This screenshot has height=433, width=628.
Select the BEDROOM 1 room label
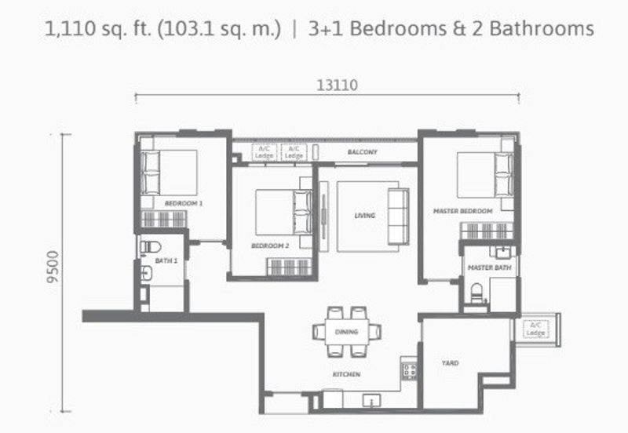coord(184,203)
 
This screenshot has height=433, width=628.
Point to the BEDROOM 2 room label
coord(270,246)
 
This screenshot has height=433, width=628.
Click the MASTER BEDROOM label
coord(463,212)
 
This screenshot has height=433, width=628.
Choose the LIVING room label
coord(364,216)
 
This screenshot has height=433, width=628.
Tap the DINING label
coord(346,332)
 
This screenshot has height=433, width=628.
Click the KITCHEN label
coord(346,375)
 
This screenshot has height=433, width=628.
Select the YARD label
coord(450,363)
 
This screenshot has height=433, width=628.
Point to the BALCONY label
coord(363,152)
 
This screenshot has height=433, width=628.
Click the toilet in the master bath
coord(476,293)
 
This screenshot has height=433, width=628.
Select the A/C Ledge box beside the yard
coord(536,329)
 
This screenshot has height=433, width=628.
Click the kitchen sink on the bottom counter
coord(370,401)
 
